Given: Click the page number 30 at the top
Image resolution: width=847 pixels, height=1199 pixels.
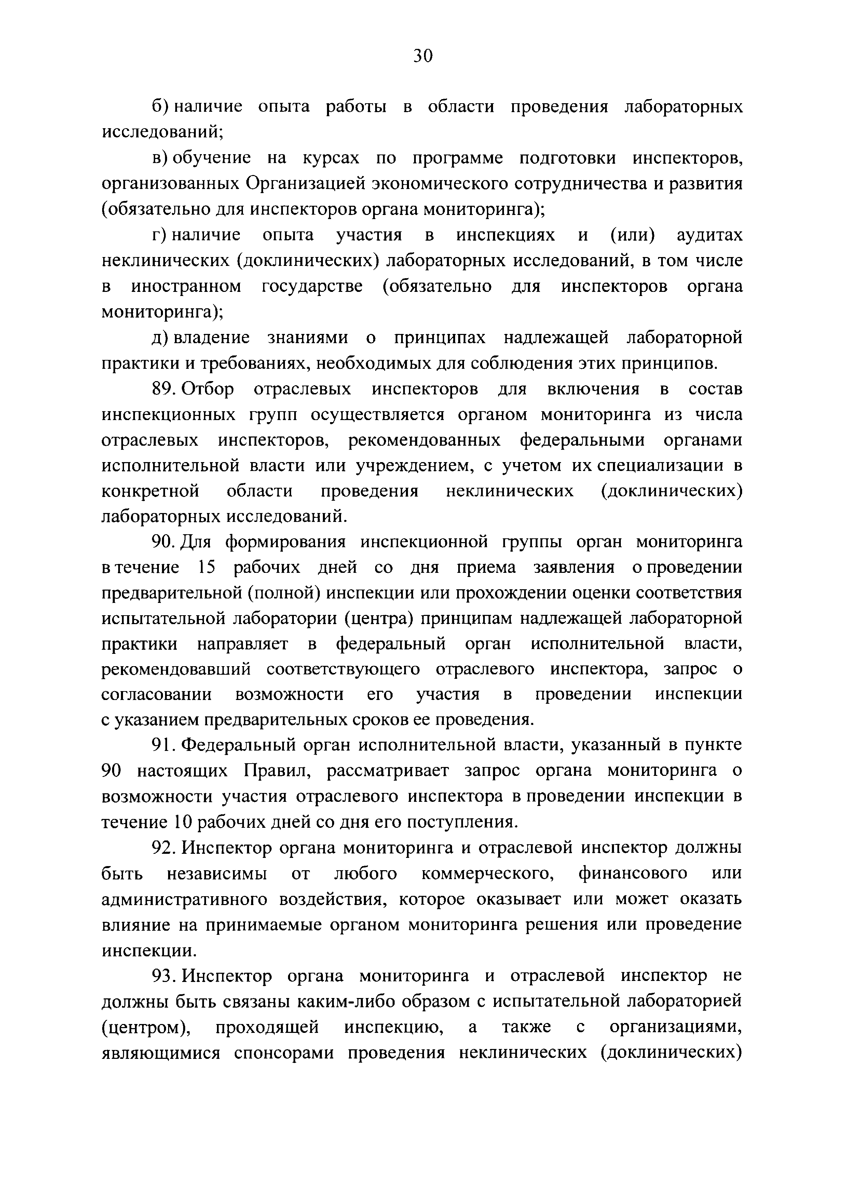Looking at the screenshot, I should click(x=423, y=55).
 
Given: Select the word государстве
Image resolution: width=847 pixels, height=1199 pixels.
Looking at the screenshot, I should click(x=312, y=287).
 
